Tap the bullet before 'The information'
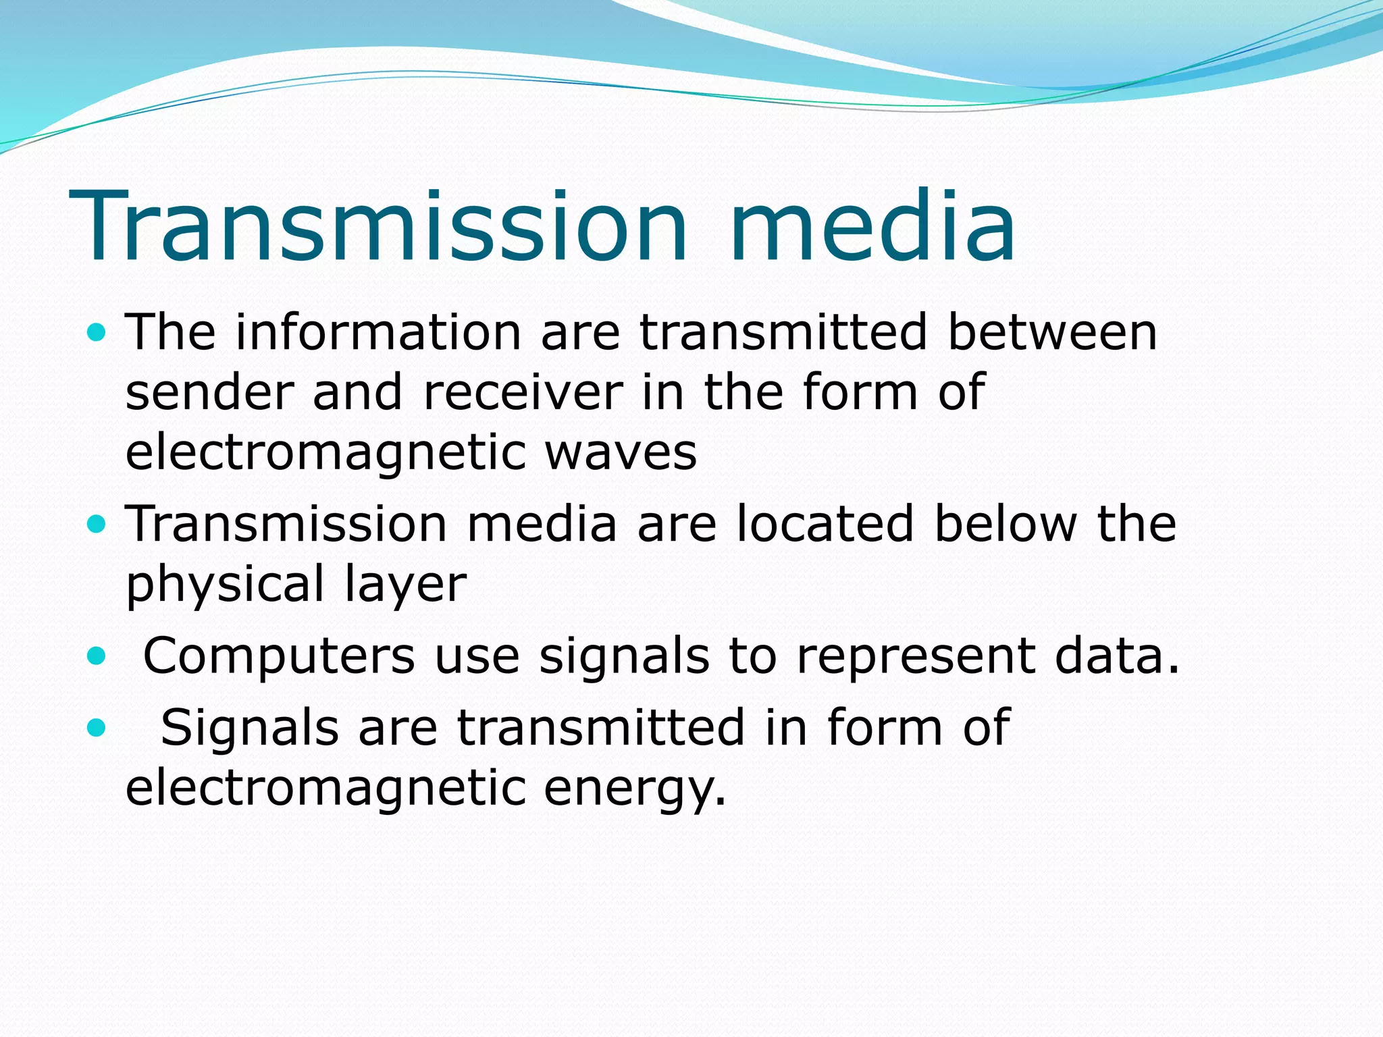click(x=97, y=332)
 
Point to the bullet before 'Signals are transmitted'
click(x=97, y=727)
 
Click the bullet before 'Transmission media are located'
click(x=97, y=524)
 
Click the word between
click(x=1052, y=332)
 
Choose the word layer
click(x=405, y=584)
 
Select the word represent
click(x=915, y=657)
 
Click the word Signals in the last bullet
click(x=250, y=727)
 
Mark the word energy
click(x=635, y=789)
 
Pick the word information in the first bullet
click(x=378, y=332)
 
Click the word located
click(x=825, y=524)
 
